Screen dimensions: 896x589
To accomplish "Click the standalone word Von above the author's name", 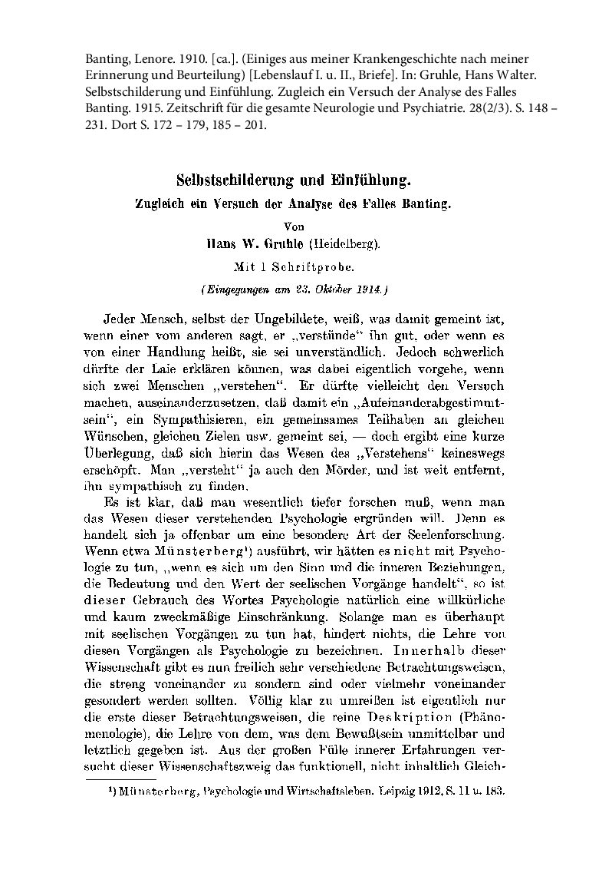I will click(x=294, y=226).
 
